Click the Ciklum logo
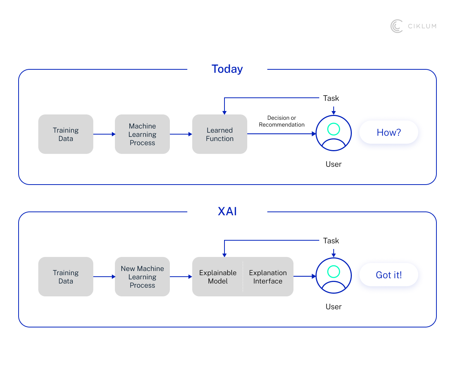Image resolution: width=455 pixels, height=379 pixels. point(413,26)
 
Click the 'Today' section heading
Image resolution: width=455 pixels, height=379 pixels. point(227,69)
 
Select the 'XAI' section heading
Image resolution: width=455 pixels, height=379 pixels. point(227,211)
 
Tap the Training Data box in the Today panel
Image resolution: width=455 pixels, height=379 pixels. point(66,134)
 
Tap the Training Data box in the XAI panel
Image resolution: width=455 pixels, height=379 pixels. point(66,277)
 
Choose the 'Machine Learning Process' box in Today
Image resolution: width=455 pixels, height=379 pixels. point(142,134)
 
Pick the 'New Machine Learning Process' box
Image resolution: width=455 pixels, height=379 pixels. point(142,277)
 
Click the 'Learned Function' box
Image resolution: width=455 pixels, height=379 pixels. point(220,134)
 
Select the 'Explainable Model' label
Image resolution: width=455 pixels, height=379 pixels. point(218,277)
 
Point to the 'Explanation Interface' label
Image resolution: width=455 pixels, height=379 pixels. point(268,277)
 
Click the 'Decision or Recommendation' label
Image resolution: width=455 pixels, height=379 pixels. point(281,121)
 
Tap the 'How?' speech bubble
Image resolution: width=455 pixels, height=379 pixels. point(389,132)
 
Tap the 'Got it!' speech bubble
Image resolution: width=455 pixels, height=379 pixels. point(389,275)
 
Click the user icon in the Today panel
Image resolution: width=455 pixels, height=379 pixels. point(334,133)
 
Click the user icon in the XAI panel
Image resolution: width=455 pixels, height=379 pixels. point(334,276)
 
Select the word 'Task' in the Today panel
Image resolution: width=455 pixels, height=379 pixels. point(331,98)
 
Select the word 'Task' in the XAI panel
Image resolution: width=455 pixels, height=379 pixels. point(331,241)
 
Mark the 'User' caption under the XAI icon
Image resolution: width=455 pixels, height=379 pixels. point(334,307)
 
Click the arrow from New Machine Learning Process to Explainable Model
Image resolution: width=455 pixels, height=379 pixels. point(181,277)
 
